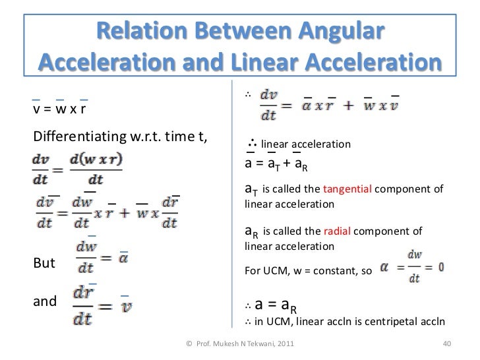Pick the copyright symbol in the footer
click(189, 344)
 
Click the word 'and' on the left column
click(45, 301)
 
